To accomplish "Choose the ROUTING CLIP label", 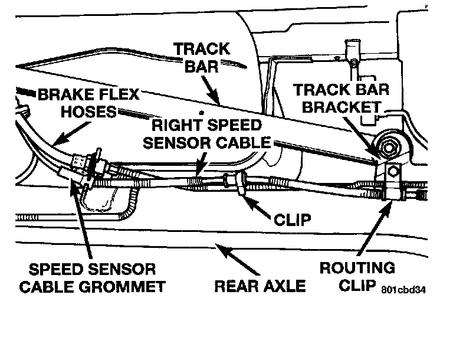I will [x=357, y=276].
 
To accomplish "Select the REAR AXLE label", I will [x=260, y=286].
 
